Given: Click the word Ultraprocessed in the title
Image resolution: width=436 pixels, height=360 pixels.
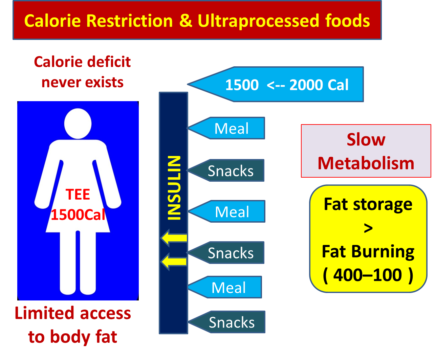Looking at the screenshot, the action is [258, 21].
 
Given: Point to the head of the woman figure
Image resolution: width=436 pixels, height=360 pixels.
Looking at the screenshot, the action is [78, 123].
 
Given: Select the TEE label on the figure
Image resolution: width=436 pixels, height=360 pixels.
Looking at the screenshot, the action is [78, 194].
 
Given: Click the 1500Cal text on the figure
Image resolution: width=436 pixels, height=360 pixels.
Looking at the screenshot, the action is [78, 215].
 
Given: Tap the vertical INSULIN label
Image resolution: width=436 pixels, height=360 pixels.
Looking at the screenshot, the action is [174, 188].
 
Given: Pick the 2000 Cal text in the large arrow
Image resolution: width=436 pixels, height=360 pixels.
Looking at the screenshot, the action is [319, 85].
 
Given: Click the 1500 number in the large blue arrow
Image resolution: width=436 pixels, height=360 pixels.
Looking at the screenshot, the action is [242, 85].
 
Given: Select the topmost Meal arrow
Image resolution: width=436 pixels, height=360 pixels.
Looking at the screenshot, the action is [226, 128].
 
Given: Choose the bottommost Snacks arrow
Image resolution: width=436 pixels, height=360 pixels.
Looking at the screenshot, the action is [226, 322].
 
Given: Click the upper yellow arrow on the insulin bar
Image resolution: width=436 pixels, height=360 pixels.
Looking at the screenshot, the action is [174, 238].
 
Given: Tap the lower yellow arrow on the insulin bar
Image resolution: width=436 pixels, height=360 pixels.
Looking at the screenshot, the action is [174, 262].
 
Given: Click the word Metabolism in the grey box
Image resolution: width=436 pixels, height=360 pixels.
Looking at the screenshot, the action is [366, 163].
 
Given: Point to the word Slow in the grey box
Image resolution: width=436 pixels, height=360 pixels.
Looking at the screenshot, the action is [366, 139].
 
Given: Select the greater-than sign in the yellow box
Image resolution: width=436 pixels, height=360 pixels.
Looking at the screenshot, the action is [368, 228].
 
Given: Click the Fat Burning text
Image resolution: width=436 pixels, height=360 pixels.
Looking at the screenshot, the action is [368, 252].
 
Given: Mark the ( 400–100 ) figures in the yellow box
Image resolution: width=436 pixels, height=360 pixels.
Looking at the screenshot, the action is [368, 275].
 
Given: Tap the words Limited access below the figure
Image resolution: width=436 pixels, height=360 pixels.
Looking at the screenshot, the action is [73, 313].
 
